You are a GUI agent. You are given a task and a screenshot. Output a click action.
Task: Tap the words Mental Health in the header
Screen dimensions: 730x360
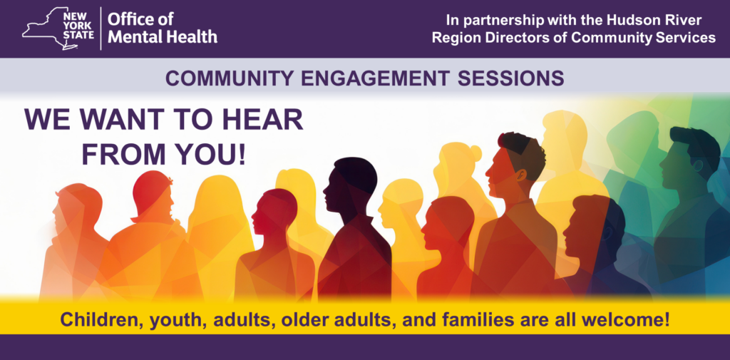coord(163,36)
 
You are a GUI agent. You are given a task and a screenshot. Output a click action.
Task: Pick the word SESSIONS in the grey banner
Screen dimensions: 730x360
coord(510,78)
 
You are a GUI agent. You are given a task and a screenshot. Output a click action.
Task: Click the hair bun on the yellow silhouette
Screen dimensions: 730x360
coord(475,153)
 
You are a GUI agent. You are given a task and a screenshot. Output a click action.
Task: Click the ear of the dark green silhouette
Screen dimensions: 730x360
coord(698,165)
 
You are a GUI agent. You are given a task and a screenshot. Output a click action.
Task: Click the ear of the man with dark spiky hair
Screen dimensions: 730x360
coord(521,175)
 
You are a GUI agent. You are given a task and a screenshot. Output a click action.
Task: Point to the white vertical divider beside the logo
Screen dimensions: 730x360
coord(101,29)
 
